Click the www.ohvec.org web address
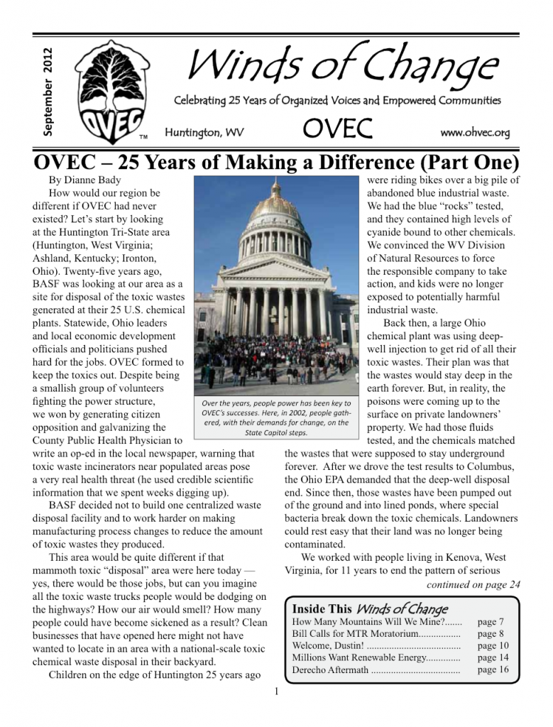[475, 133]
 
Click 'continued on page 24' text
[473, 585]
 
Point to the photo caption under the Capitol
[276, 417]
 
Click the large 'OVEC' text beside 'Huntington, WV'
[338, 129]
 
